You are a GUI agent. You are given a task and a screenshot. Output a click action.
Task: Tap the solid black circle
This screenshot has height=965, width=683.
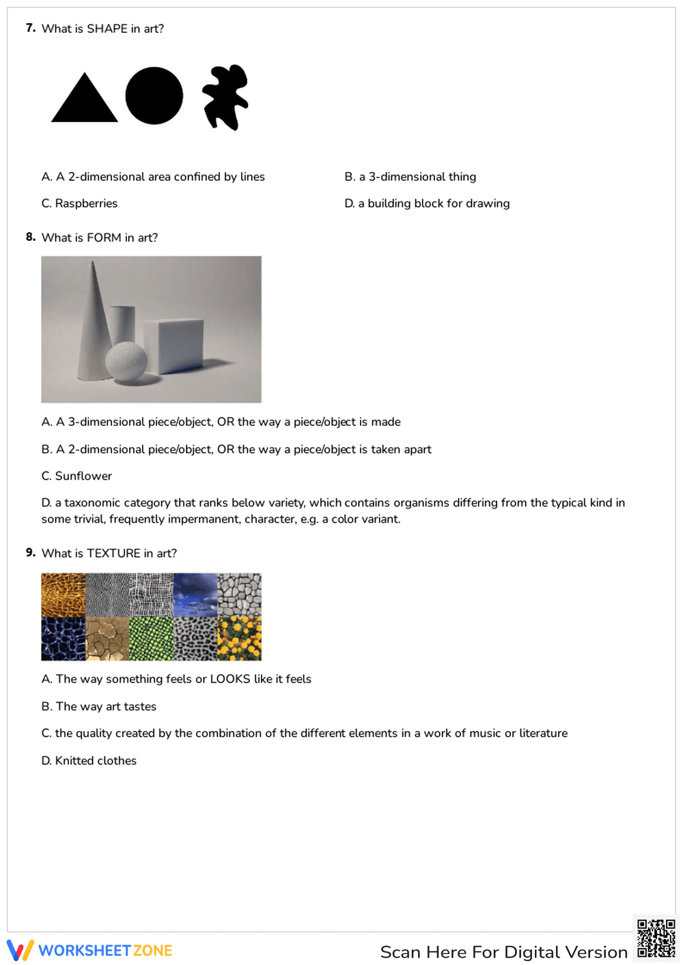tap(154, 96)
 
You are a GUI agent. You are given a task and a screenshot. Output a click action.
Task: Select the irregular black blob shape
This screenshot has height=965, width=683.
tap(225, 96)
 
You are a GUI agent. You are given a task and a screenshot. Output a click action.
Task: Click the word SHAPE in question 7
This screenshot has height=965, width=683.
tap(107, 29)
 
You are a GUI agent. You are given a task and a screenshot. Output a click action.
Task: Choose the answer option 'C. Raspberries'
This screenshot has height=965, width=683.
tap(79, 203)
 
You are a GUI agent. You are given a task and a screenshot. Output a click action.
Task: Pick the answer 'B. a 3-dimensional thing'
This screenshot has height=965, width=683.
tap(410, 177)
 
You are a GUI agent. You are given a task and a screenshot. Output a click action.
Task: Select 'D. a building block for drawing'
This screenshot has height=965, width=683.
tap(427, 203)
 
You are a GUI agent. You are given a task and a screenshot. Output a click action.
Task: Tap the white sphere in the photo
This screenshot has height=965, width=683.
tap(126, 360)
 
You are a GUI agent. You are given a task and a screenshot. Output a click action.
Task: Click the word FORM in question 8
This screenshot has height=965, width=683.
tap(104, 237)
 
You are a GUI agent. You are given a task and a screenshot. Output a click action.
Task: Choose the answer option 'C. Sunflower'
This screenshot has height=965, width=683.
tap(76, 476)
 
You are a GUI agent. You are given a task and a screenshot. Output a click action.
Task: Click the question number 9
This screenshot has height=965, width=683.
tap(31, 553)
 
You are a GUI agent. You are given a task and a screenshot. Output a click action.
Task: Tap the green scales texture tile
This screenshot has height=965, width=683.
tap(151, 639)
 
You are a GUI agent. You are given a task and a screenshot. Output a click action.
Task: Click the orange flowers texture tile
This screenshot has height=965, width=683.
tap(239, 639)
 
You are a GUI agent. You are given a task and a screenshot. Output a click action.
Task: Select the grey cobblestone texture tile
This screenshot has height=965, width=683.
tap(239, 594)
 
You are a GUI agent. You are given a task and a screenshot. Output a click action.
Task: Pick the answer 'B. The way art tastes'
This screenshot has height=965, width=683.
tap(99, 706)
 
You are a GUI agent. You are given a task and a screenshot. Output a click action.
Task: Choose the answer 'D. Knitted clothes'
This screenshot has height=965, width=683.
tap(89, 760)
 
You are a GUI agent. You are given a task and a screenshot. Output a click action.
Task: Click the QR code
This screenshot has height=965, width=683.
tap(656, 939)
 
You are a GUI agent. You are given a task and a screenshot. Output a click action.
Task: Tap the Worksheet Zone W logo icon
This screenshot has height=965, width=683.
tap(20, 950)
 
